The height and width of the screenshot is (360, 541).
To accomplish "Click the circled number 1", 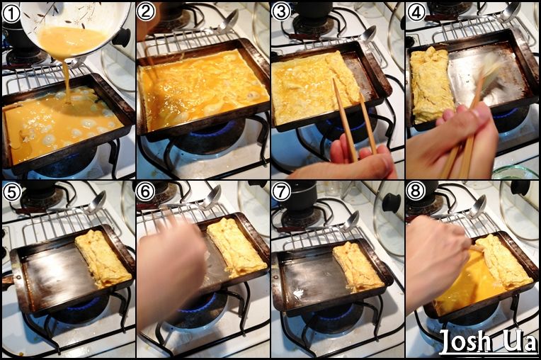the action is pos(11,13).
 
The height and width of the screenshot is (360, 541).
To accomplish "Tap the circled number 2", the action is pos(145,13).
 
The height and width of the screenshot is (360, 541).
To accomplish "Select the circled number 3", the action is pos(281,13).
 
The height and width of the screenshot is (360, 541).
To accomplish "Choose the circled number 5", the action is pos(11,192).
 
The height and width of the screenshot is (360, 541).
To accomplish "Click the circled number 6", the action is pos(145,192).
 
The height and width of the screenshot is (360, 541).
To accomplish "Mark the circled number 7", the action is pos(281,192).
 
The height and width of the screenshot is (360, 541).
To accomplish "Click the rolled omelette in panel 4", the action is pos(431,84).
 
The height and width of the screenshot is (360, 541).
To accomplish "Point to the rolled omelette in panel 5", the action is pos(103,258).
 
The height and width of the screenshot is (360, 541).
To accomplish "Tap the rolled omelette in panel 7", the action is pos(358,266).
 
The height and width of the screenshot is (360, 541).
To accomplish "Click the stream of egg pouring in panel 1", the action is pos(67,79).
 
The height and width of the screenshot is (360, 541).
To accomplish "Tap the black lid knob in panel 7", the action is pos(392,203).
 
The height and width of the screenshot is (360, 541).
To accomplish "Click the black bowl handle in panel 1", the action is pos(122,38).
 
